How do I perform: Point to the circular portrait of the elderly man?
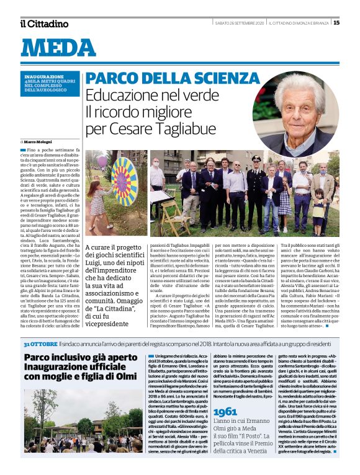pos(304,112)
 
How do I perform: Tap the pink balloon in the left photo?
pos(101,162)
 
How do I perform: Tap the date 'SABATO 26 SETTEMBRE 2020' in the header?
pos(240,23)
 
